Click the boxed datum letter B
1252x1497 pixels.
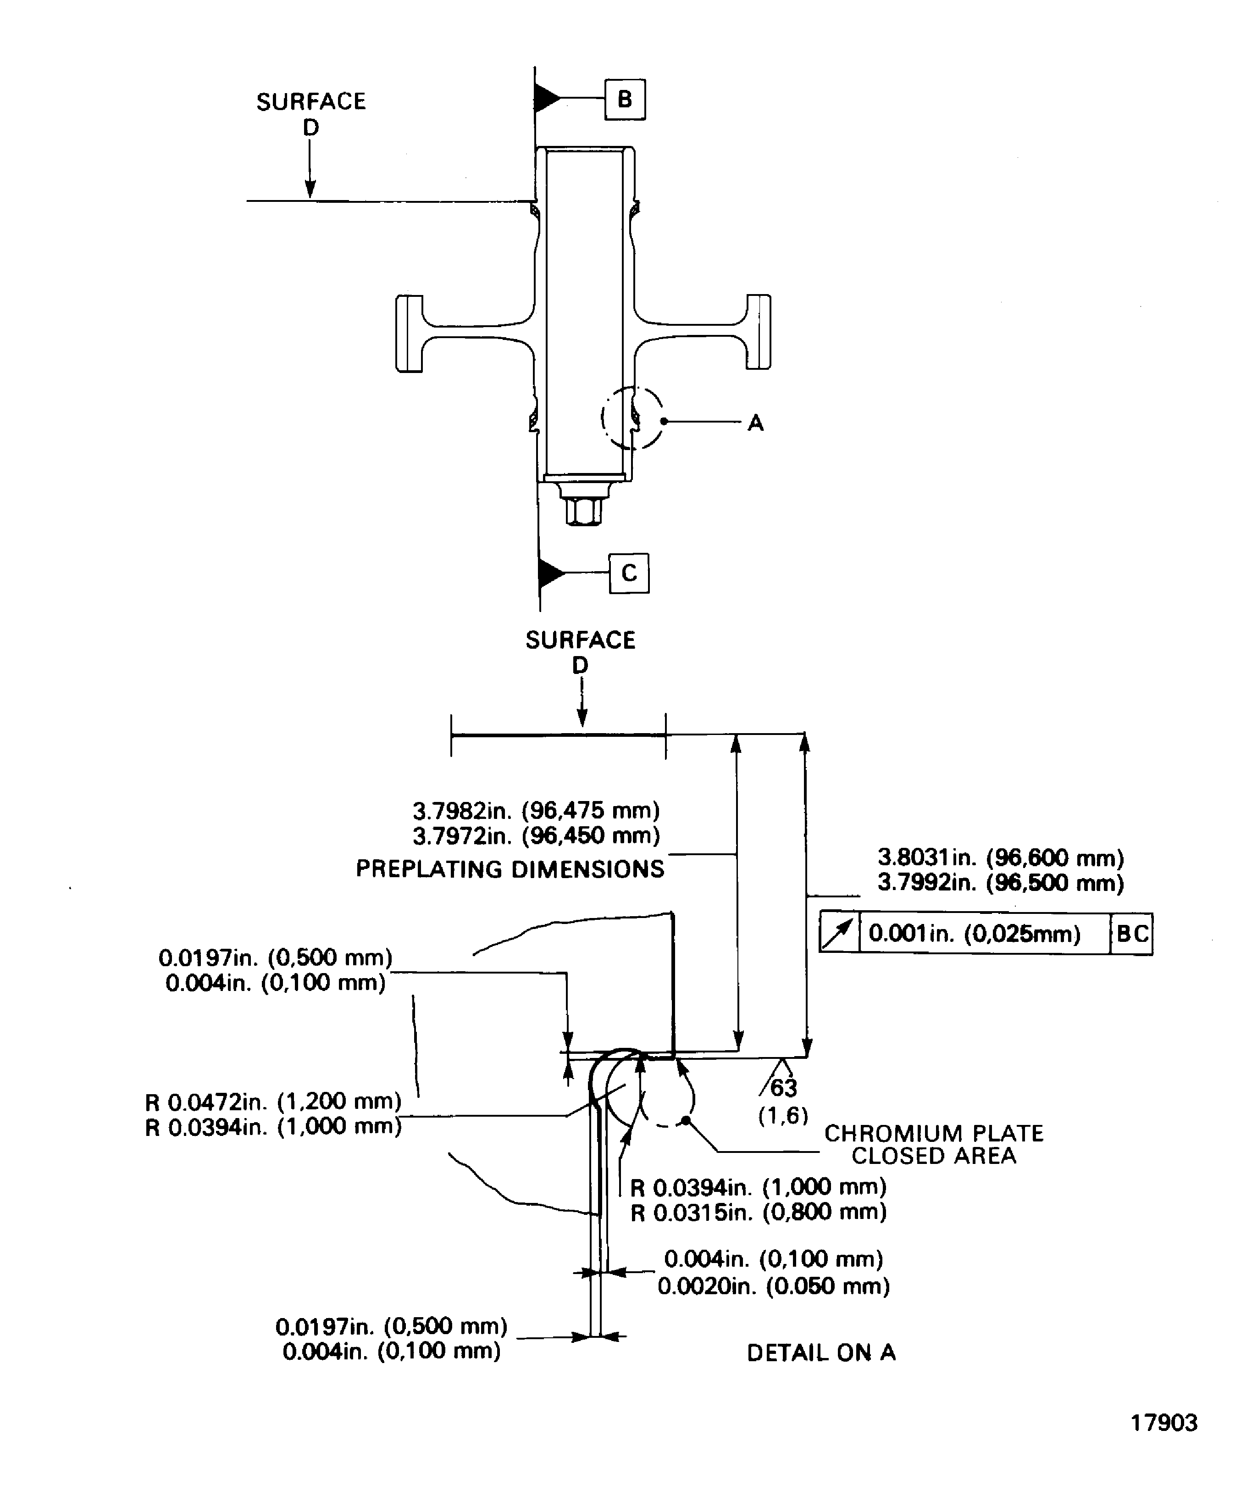(625, 99)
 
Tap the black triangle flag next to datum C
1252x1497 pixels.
(551, 573)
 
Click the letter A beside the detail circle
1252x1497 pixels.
(755, 423)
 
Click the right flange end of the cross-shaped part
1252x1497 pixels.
(759, 332)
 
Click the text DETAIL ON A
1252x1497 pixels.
(821, 1353)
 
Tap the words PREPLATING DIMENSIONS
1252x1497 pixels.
(510, 869)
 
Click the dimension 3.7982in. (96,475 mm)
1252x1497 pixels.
(536, 811)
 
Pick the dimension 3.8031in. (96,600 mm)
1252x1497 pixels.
(1001, 857)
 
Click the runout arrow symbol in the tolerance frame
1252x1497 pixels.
(839, 934)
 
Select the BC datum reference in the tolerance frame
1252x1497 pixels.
(1131, 934)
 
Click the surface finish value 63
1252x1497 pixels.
(783, 1088)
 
